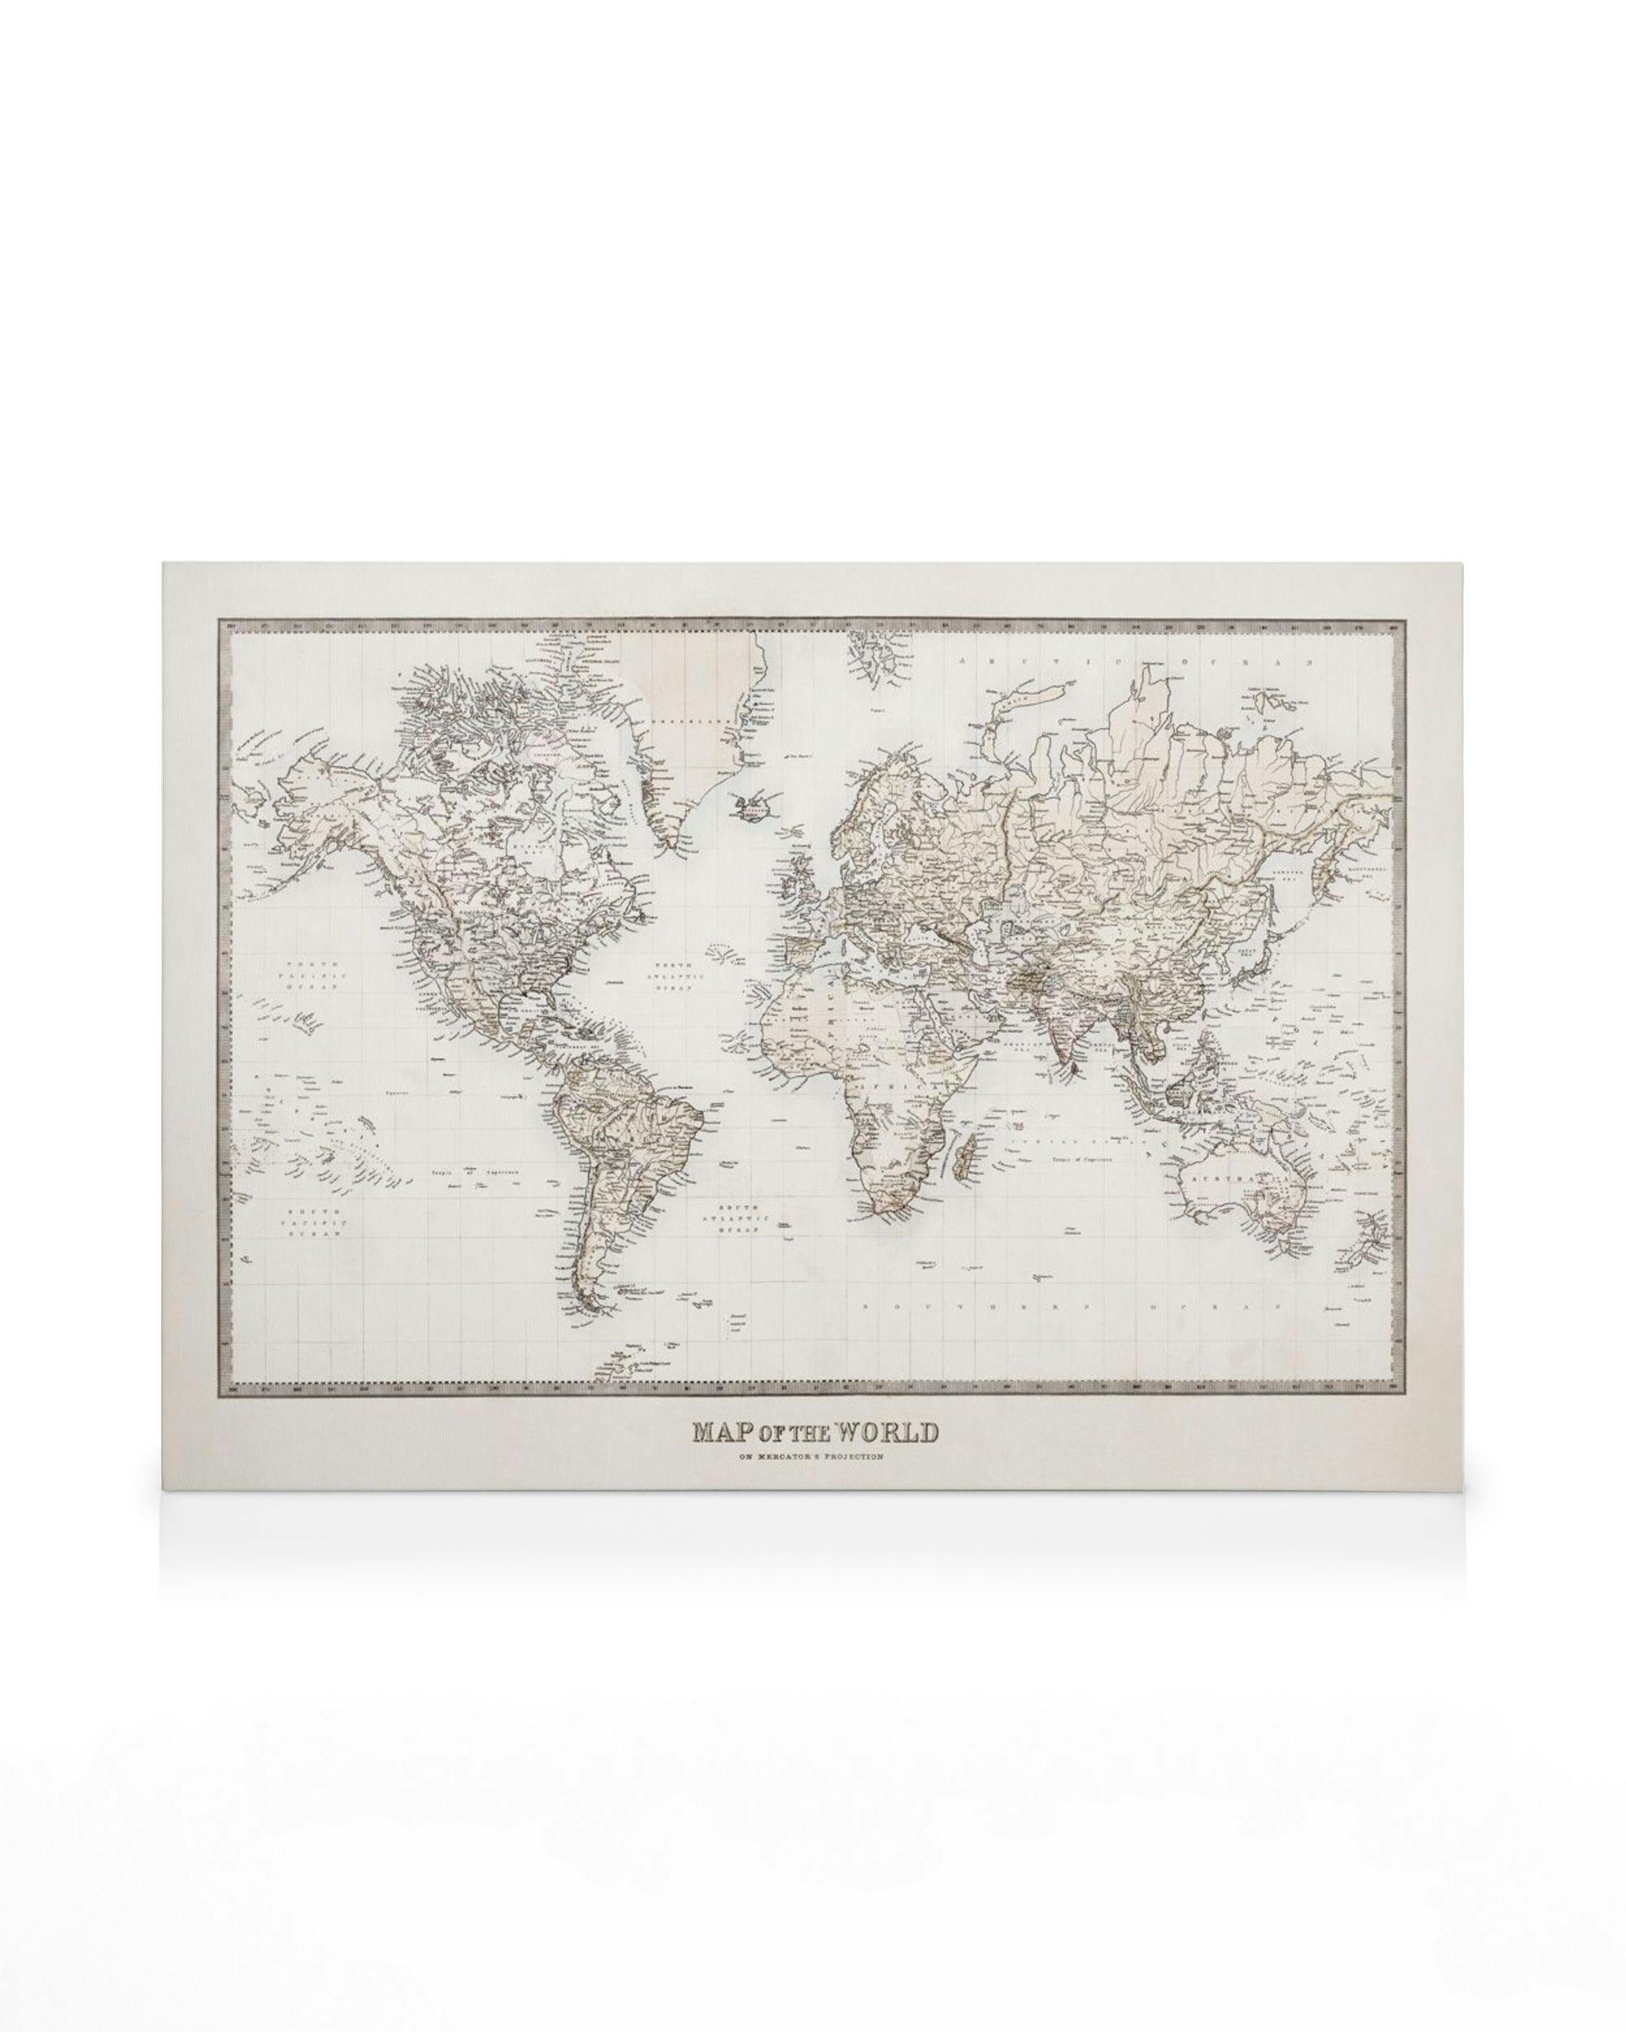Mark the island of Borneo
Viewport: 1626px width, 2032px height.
pos(1179,1093)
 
